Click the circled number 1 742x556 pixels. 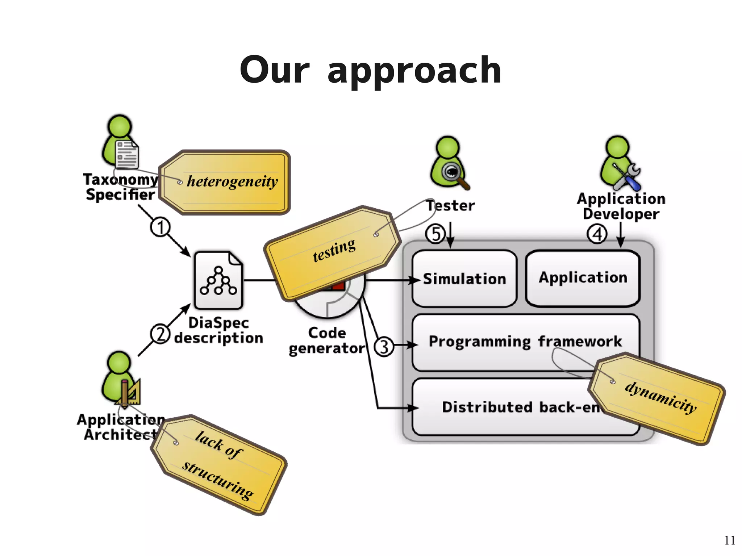point(160,227)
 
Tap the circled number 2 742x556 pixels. point(160,334)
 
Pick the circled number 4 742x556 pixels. point(597,234)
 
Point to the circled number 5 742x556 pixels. point(435,234)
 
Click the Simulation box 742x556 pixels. point(464,279)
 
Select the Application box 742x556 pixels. point(582,278)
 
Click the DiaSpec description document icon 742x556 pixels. point(218,280)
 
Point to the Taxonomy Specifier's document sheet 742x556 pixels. point(127,155)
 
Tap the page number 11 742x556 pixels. point(729,540)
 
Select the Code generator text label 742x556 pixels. point(327,340)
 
